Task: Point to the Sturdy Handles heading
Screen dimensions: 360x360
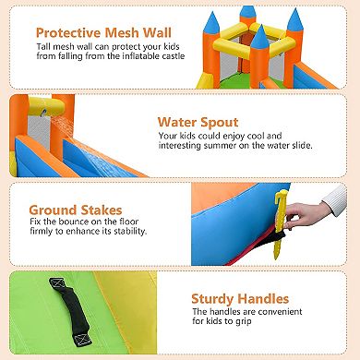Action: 241,298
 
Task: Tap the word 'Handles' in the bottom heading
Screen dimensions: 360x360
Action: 260,298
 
